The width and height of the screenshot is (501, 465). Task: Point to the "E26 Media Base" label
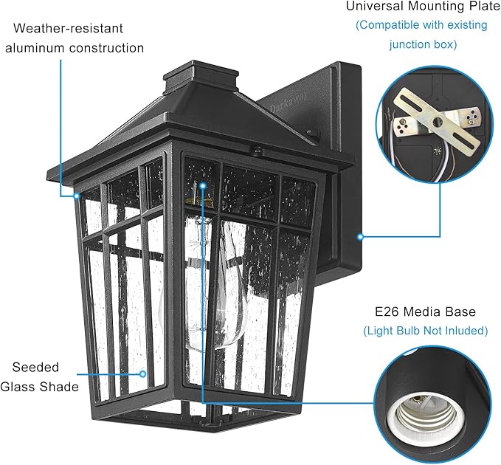424,311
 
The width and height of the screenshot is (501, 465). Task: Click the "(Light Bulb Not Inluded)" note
425,331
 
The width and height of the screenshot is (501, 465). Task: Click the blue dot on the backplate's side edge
360,237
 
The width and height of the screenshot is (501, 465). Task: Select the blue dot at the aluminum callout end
77,196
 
